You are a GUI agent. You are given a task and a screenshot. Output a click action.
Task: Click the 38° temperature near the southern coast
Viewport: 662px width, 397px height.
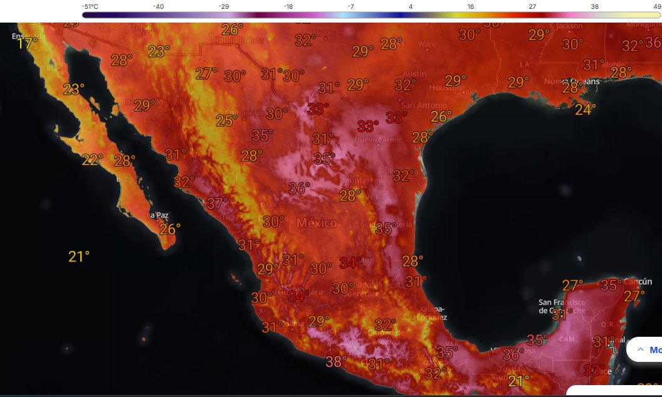click(x=335, y=361)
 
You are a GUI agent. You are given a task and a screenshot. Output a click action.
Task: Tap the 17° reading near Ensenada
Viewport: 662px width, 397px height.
click(x=26, y=43)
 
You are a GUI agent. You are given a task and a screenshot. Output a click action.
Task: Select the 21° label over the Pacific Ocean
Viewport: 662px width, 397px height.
click(x=79, y=256)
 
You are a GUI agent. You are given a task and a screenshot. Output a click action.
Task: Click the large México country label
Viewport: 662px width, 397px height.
click(x=317, y=223)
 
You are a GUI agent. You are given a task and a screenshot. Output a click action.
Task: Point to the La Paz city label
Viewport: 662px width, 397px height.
click(x=157, y=215)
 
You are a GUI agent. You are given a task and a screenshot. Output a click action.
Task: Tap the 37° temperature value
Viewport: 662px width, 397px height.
click(x=218, y=203)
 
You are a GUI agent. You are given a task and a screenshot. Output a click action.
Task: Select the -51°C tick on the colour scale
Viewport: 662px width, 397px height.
click(x=90, y=6)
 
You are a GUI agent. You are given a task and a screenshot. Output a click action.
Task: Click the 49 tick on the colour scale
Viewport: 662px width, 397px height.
click(x=656, y=6)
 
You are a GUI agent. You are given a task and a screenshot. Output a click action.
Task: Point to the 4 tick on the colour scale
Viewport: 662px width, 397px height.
click(x=410, y=6)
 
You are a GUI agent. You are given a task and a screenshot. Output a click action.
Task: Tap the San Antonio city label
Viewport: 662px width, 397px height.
click(x=424, y=105)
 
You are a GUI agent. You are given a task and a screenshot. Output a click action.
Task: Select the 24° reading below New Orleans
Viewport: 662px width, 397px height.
click(x=586, y=109)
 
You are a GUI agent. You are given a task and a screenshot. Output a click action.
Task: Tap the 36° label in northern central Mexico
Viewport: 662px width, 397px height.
click(x=299, y=187)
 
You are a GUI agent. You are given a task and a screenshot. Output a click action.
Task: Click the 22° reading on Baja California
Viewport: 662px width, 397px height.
click(x=92, y=159)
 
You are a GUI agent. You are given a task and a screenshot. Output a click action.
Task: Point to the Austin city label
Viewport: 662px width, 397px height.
click(x=414, y=74)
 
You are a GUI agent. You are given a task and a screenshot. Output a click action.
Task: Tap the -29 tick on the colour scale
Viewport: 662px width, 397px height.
click(x=224, y=6)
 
